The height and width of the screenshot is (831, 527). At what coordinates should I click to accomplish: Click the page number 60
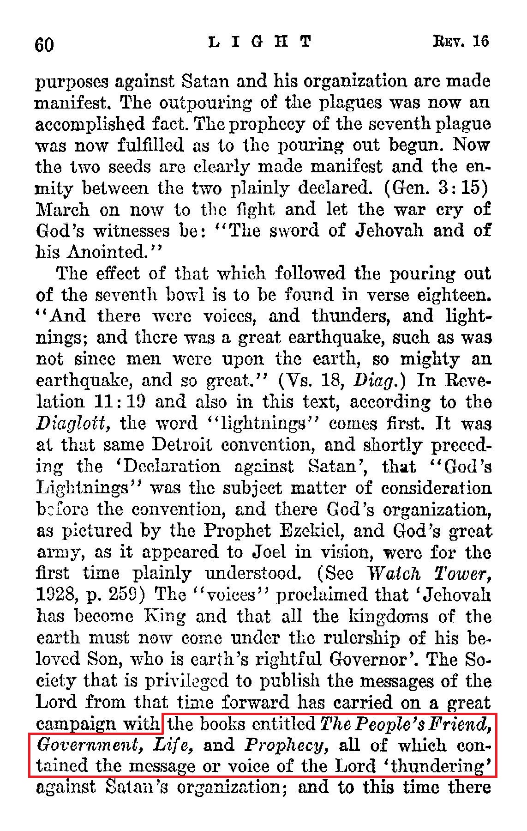[x=44, y=45]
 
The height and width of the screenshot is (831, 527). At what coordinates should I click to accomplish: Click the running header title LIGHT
[x=260, y=42]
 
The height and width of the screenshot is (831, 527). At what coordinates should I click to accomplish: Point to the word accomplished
[x=89, y=125]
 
